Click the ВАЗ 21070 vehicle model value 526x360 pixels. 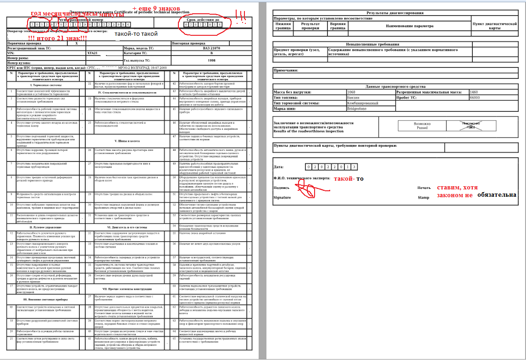tap(211, 48)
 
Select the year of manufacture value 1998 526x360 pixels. tap(211, 60)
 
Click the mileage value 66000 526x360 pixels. tap(475, 98)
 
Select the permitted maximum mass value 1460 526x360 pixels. tap(475, 92)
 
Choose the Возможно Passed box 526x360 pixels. tap(422, 126)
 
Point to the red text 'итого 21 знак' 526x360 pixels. tap(57, 38)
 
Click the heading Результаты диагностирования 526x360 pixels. tap(395, 13)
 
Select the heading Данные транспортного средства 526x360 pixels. tap(395, 87)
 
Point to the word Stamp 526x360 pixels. tap(423, 198)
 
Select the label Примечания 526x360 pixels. tap(286, 71)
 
